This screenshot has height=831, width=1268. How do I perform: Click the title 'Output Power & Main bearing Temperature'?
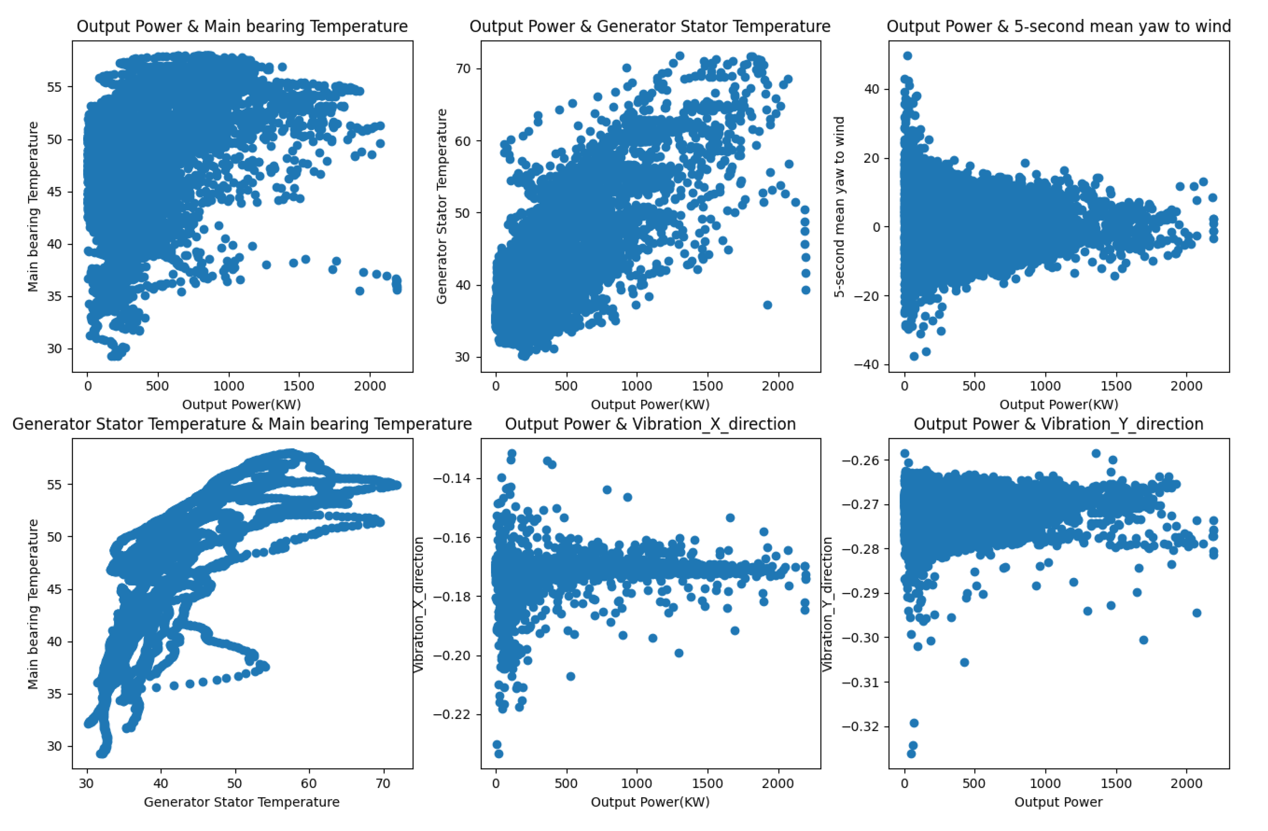tap(242, 27)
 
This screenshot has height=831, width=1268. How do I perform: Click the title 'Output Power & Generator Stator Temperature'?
tap(650, 27)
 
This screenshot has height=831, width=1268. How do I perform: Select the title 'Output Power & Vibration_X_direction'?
tap(650, 424)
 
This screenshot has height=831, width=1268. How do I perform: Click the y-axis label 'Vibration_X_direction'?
tap(419, 604)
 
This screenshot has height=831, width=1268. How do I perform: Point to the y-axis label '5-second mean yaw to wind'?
tap(840, 207)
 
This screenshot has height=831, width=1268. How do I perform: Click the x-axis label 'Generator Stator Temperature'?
tap(242, 802)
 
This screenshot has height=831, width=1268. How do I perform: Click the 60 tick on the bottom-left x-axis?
tap(309, 784)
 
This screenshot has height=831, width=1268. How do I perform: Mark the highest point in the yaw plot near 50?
tap(907, 56)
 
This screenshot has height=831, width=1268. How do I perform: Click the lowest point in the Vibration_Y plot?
tap(911, 753)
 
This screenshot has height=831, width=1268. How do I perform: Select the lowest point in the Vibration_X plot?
tap(499, 753)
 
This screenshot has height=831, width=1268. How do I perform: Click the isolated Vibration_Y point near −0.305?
tap(964, 662)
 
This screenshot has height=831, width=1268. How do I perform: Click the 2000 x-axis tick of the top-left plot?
tap(370, 386)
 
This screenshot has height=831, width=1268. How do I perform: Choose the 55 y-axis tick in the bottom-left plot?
tap(54, 485)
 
